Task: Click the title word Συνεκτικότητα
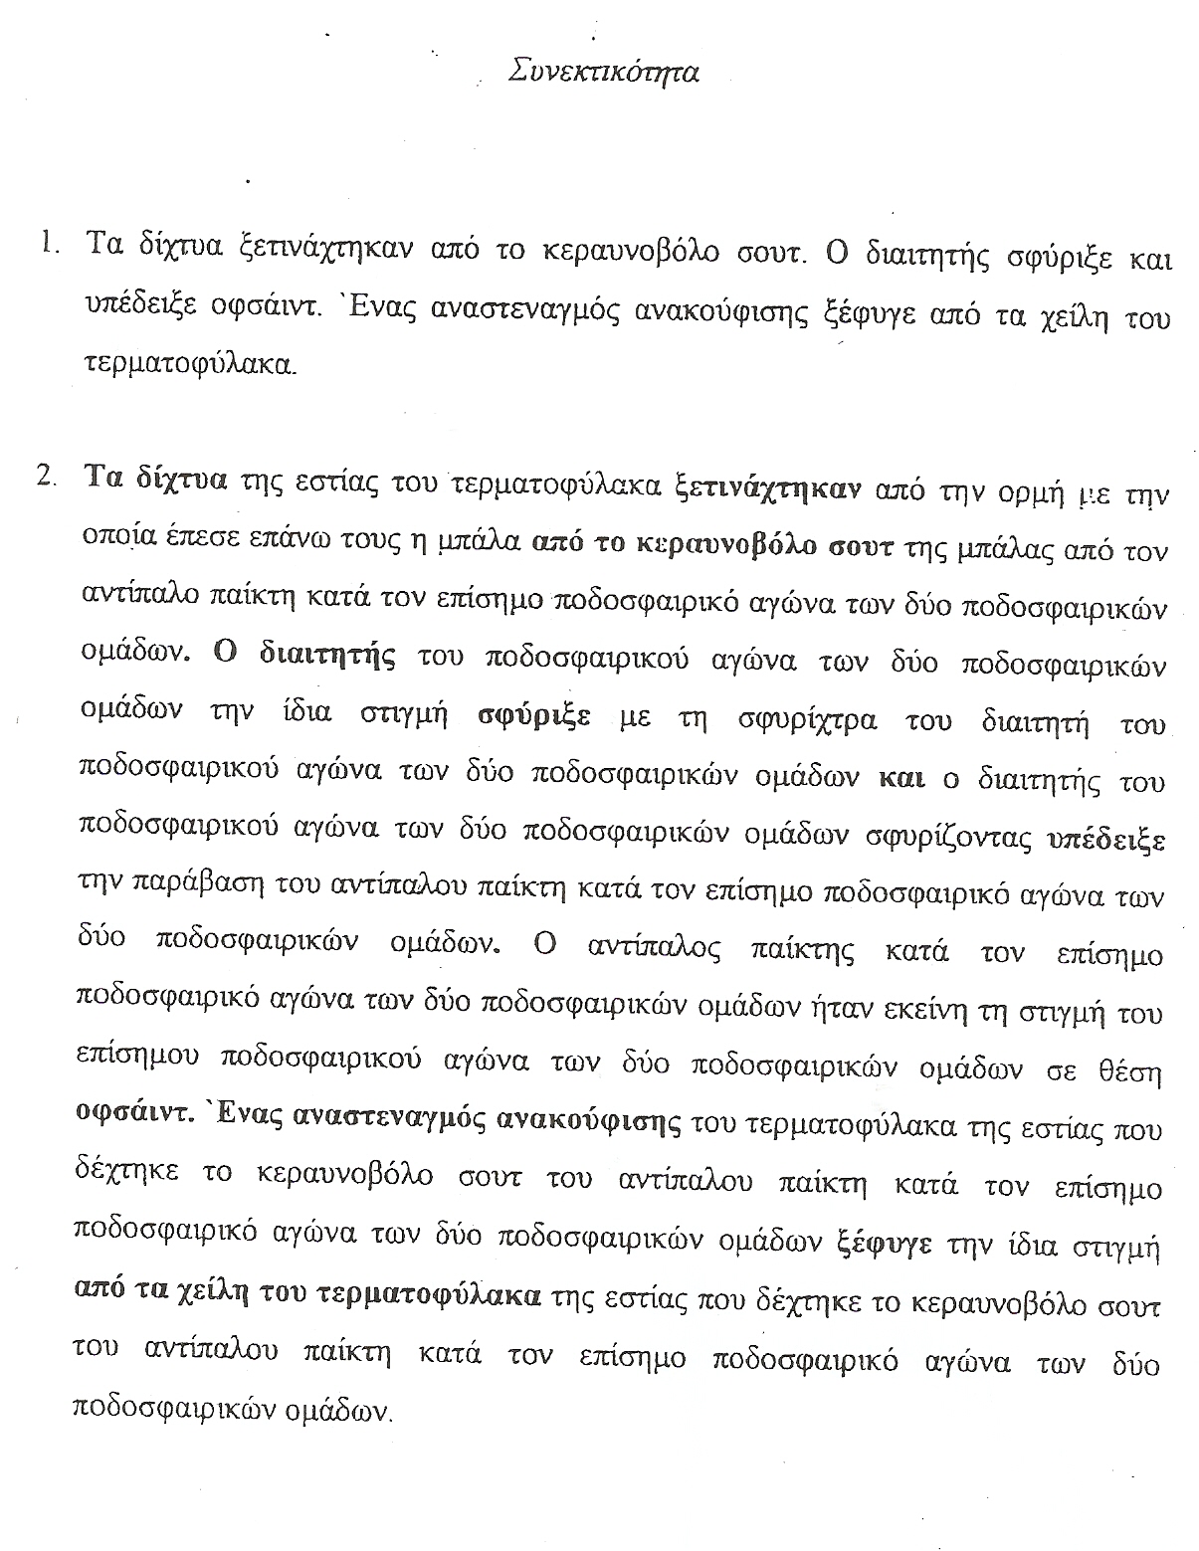(x=602, y=74)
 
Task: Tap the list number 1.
(x=47, y=245)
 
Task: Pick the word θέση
(x=1133, y=1072)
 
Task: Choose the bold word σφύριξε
(x=533, y=716)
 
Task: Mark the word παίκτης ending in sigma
(x=801, y=952)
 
